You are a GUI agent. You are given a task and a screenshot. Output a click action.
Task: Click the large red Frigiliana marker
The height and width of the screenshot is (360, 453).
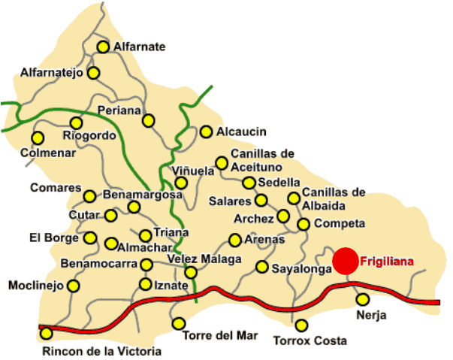[x=346, y=261]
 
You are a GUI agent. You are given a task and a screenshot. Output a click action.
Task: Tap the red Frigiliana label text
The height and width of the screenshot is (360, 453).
[x=387, y=262]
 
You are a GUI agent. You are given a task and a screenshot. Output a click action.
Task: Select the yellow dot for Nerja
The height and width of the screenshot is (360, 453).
[x=362, y=299]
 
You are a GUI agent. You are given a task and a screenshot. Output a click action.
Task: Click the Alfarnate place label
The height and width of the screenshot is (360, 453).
[x=139, y=47]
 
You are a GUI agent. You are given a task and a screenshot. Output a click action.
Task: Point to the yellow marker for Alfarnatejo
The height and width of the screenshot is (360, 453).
[x=94, y=73]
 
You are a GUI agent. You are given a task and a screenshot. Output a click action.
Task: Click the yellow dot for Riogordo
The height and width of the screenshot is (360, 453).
[x=76, y=123]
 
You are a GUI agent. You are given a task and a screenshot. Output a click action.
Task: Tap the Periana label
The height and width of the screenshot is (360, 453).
[x=119, y=110]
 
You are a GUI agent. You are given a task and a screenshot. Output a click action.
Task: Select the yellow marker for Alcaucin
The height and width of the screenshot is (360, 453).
[x=206, y=132]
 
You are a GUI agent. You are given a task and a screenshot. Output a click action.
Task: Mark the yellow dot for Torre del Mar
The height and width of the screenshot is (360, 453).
[x=179, y=323]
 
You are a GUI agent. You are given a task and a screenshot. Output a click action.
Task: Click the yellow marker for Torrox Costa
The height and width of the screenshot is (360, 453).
[x=301, y=325]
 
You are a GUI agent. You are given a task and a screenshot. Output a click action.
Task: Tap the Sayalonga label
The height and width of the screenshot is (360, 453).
[x=301, y=268]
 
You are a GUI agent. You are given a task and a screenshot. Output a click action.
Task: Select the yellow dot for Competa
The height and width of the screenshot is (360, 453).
[x=304, y=224]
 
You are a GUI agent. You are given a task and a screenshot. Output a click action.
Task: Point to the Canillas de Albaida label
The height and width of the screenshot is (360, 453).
[x=334, y=198]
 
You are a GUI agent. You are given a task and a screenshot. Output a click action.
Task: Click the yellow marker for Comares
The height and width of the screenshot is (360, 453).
[x=89, y=196]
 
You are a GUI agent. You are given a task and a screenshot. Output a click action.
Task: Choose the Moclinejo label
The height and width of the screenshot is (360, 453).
[x=34, y=286]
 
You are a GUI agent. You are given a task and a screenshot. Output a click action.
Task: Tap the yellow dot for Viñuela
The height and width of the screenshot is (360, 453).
[x=181, y=183]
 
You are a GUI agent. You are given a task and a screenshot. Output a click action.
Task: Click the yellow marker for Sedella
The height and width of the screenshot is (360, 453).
[x=249, y=183]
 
